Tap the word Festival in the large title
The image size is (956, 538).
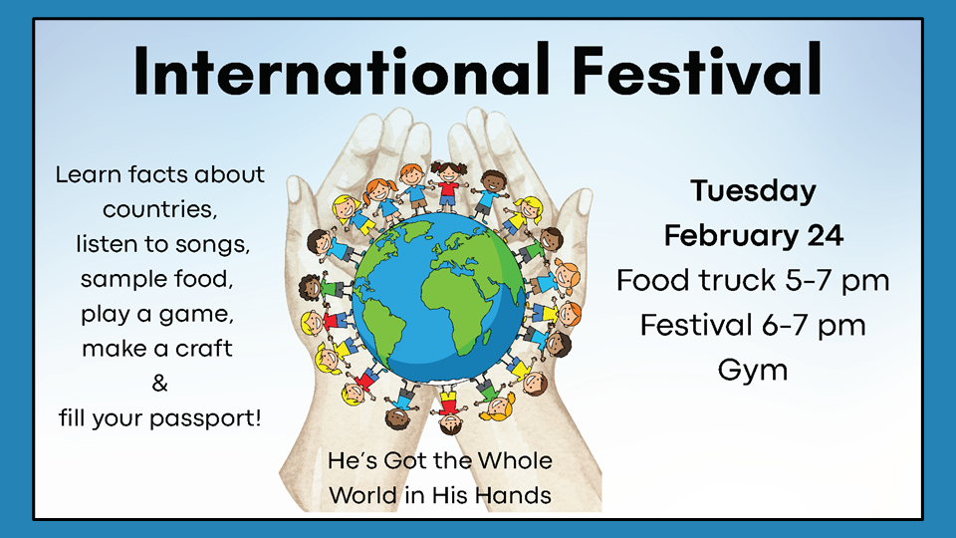pos(697,70)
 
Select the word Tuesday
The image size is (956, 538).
pos(753,192)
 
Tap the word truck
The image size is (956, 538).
pos(737,280)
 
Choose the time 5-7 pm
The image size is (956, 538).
pos(837,281)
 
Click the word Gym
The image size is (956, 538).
pos(753,371)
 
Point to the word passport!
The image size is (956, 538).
pos(205,419)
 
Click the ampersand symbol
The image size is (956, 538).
pos(159,383)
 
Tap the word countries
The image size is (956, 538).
pos(159,210)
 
